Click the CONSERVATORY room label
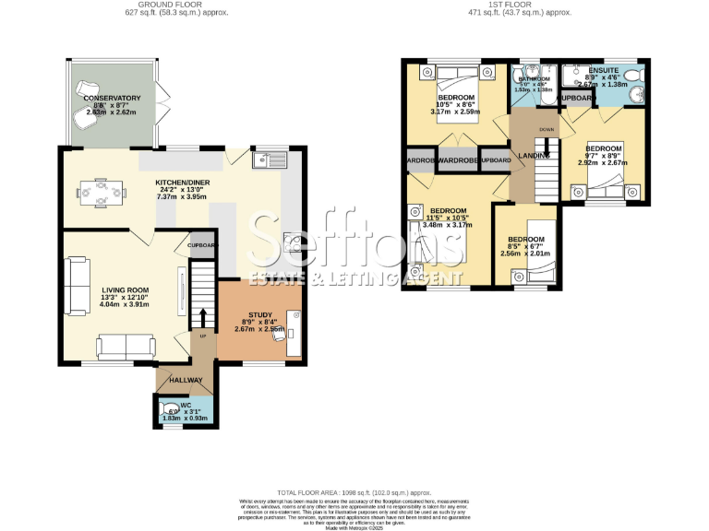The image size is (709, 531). (x=112, y=98)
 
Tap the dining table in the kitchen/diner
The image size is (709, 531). (x=97, y=193)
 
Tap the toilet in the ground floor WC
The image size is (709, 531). (x=170, y=408)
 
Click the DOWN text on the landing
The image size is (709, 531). (x=547, y=130)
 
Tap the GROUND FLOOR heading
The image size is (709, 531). (x=177, y=5)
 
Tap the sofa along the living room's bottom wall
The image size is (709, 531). (x=126, y=346)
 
